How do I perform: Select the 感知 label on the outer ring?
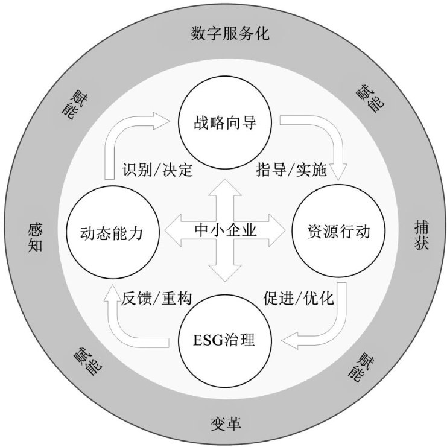(x=34, y=235)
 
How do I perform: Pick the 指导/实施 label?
(x=291, y=170)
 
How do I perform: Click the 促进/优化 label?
(x=299, y=297)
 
